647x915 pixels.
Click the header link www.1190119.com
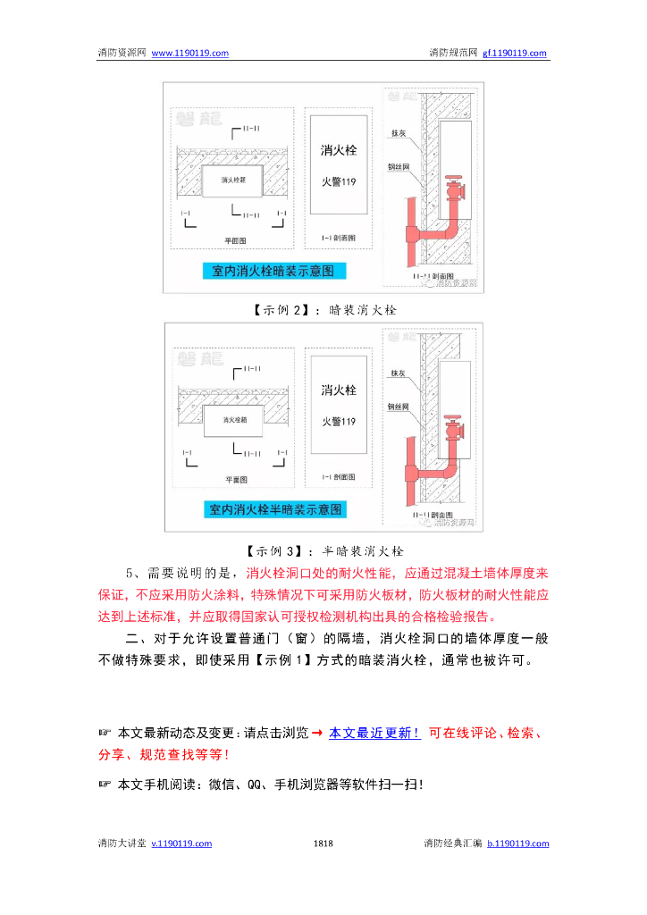190,53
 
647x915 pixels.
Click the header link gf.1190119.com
515,53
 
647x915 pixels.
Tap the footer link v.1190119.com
181,844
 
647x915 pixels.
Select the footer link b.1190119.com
518,844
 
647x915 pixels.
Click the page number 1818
323,844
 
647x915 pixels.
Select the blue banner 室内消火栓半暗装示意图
275,509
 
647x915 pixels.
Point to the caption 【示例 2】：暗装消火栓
323,309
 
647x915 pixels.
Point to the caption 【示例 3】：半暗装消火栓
323,550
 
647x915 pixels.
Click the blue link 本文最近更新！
374,734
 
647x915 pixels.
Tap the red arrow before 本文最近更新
317,734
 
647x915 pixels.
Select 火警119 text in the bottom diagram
339,421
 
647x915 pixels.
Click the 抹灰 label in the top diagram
398,133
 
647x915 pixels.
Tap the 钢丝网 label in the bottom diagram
398,406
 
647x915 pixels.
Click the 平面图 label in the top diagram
235,240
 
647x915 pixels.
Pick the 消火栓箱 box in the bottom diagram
232,419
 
